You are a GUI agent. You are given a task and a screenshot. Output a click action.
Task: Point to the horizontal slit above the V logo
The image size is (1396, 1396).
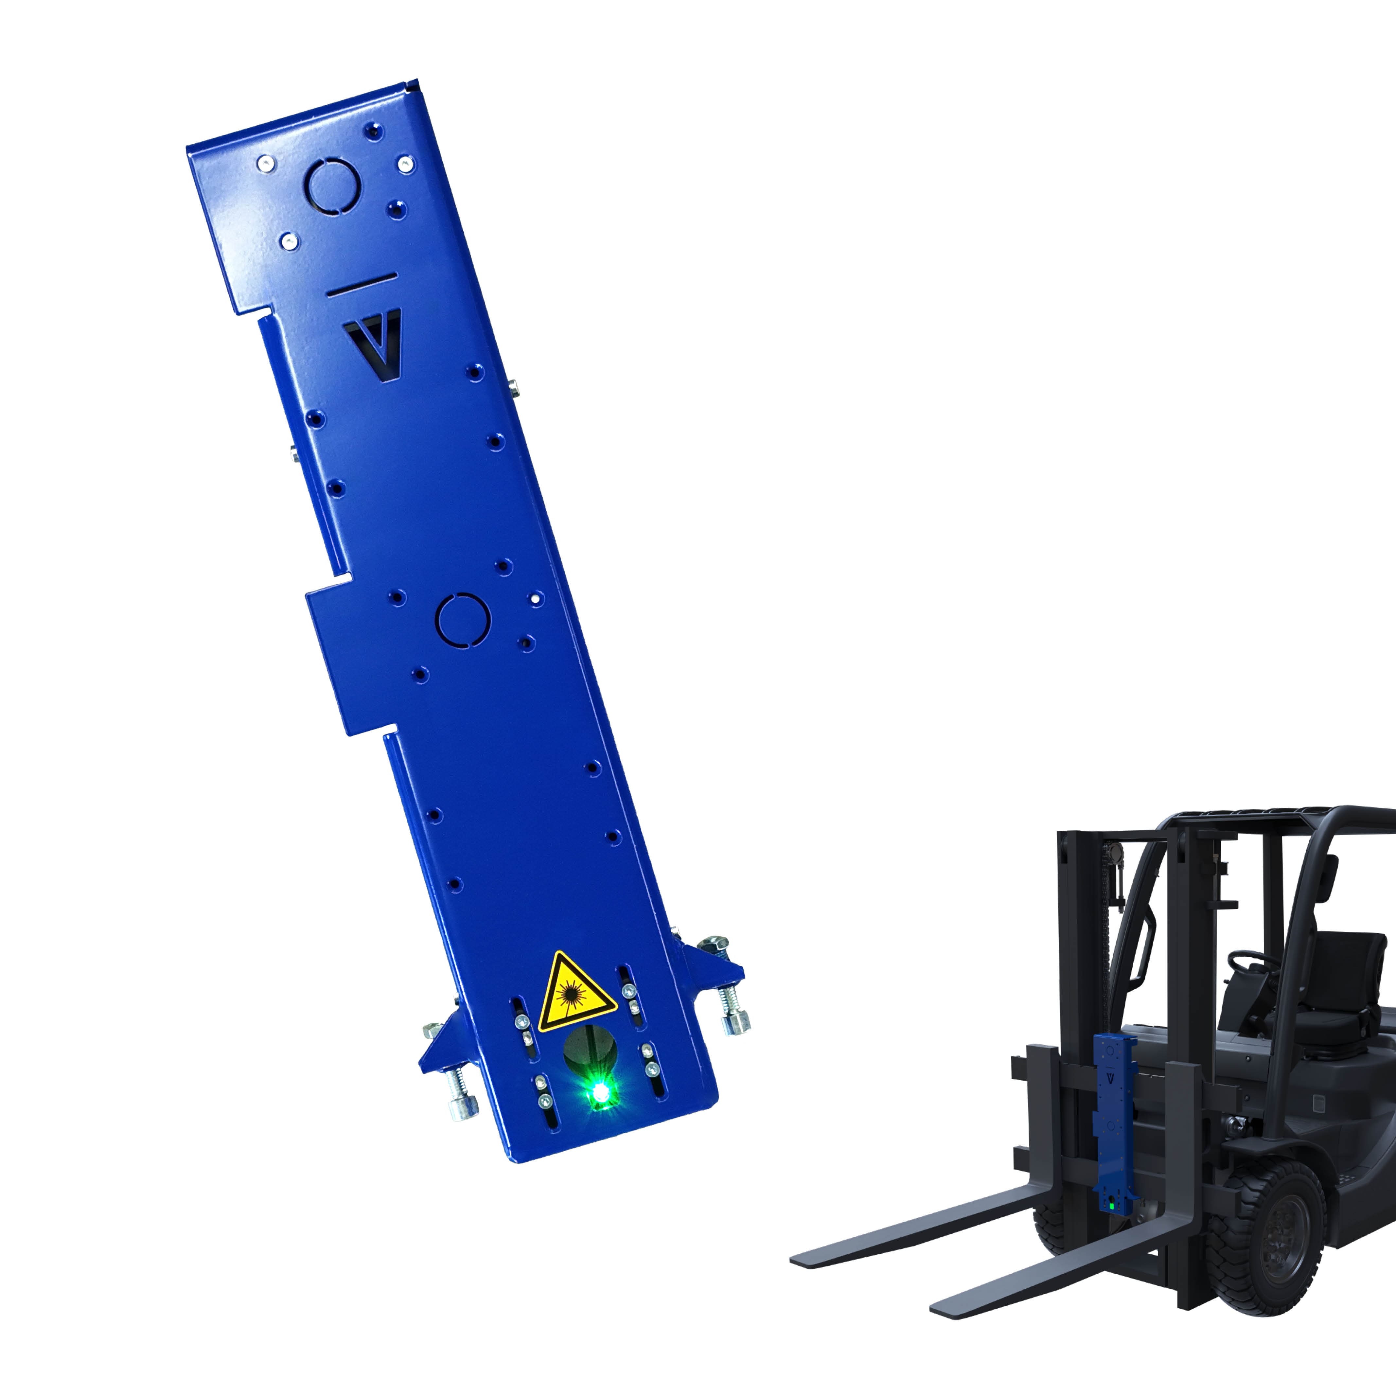361,285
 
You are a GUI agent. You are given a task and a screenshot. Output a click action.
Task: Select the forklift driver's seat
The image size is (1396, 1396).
1337,990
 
